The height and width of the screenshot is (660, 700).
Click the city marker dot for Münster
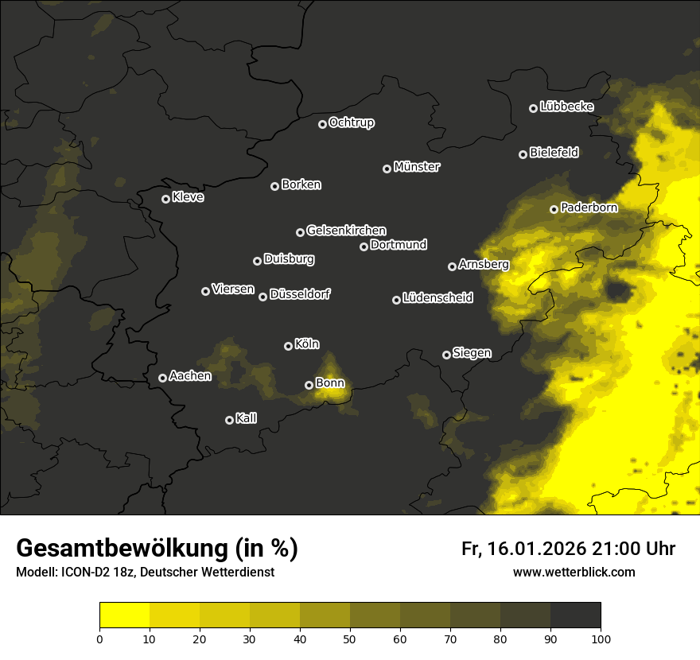(387, 169)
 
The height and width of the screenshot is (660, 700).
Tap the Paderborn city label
(589, 208)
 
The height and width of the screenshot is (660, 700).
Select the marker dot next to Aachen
(162, 378)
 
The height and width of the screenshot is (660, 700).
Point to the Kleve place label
(188, 197)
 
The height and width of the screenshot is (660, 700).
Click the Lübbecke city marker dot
(533, 108)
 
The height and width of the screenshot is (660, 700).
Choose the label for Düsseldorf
(300, 294)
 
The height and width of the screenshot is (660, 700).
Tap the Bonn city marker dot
(309, 385)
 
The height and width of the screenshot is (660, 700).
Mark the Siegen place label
(472, 353)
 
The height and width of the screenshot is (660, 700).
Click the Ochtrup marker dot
(322, 124)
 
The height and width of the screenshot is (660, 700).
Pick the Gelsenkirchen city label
(346, 231)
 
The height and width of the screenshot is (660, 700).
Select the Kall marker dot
(229, 420)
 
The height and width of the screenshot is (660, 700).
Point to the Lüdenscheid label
(437, 298)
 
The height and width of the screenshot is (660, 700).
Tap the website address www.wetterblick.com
(574, 572)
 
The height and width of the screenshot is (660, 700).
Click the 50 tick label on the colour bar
(350, 638)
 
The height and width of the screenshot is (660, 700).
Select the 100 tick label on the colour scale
(601, 638)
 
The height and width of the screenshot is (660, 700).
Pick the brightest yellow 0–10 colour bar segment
(124, 615)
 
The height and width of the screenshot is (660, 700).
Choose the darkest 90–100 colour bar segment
(575, 615)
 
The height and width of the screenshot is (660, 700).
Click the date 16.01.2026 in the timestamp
(536, 549)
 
